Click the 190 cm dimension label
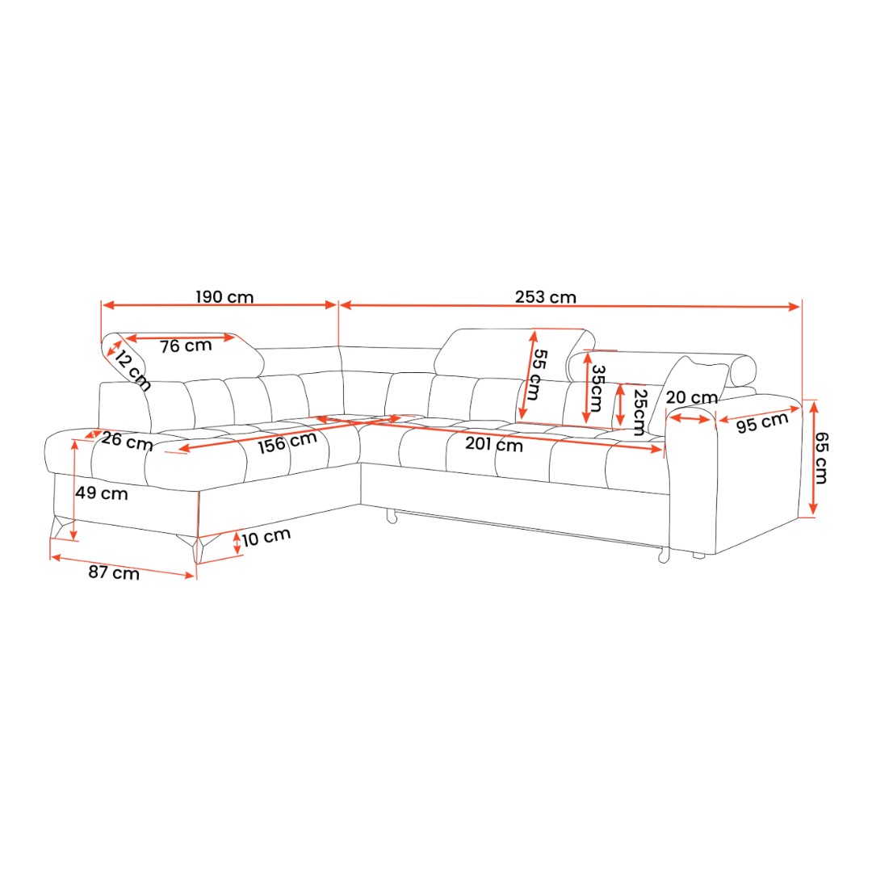point(224,297)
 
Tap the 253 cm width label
point(546,297)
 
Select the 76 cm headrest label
point(186,346)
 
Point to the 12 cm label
point(132,371)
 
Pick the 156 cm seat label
point(287,442)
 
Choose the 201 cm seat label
point(494,444)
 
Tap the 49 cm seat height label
point(102,493)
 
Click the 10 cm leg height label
point(266,537)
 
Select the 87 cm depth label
point(114,572)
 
